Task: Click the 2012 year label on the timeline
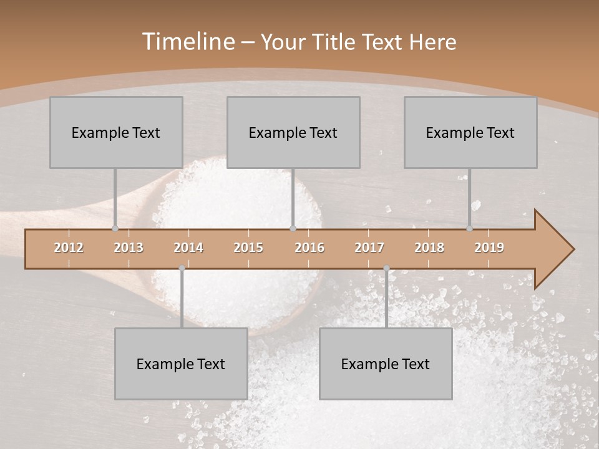[x=69, y=248]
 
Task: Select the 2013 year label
[x=129, y=248]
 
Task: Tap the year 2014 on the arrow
[x=188, y=248]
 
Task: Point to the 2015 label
[x=248, y=248]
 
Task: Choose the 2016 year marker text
[x=309, y=248]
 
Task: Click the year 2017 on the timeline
[x=369, y=248]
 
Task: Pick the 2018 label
[x=429, y=248]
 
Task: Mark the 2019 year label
[x=489, y=248]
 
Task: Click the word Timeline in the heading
[x=187, y=42]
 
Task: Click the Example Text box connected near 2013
[x=116, y=132]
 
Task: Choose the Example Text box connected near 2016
[x=293, y=132]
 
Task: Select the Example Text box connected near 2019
[x=470, y=132]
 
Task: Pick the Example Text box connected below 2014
[x=181, y=364]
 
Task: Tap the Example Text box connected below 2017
[x=386, y=364]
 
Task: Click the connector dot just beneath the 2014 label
[x=182, y=268]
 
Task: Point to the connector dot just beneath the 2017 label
[x=386, y=268]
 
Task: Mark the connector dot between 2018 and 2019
[x=469, y=229]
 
